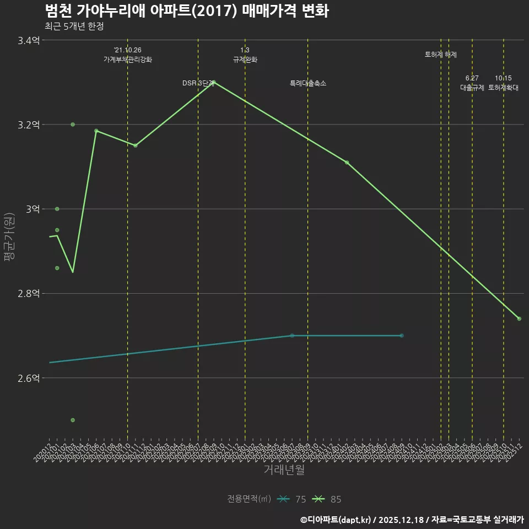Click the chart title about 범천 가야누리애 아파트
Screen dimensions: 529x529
coord(187,11)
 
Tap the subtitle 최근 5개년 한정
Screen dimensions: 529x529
coord(74,26)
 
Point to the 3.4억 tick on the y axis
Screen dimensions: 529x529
coord(29,40)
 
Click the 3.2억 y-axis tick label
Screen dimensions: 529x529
coord(29,125)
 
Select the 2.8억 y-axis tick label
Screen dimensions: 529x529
coord(29,294)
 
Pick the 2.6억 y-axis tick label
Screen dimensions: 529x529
coord(29,378)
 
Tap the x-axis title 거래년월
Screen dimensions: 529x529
coord(284,470)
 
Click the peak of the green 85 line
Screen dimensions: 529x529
coord(214,82)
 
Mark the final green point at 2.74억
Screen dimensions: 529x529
coord(519,319)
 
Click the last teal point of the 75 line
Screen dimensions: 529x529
coord(401,336)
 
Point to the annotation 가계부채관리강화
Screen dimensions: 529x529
coord(128,60)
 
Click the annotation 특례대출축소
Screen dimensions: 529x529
coord(308,83)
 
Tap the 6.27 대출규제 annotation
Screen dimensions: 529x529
coord(472,83)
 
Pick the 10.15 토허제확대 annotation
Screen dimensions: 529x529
coord(503,83)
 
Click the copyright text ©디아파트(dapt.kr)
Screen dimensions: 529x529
coord(336,520)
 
